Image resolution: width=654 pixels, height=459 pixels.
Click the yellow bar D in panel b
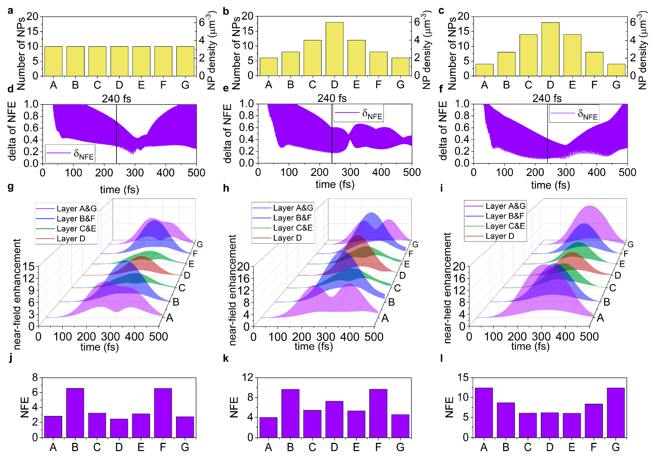click(334, 49)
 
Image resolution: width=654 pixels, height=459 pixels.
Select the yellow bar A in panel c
click(484, 70)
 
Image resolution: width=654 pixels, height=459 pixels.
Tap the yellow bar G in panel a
click(185, 61)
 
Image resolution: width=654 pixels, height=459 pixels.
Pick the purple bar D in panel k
click(334, 419)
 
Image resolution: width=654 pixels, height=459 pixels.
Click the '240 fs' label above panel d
click(116, 99)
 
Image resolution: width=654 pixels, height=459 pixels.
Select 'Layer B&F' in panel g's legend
click(75, 219)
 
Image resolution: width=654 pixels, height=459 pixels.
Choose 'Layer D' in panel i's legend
click(500, 236)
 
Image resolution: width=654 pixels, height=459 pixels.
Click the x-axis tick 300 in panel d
click(135, 173)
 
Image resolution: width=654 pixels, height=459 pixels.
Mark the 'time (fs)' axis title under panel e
click(335, 185)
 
